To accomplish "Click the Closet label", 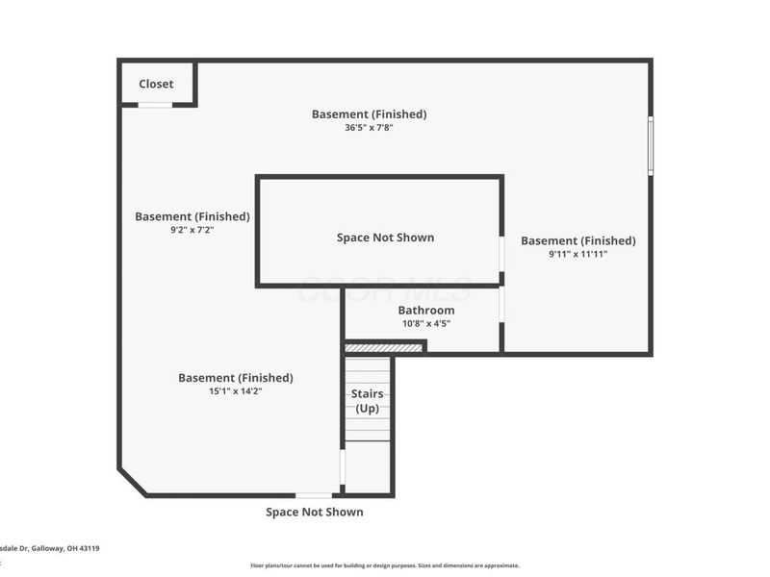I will [x=156, y=85].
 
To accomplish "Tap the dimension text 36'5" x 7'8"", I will [x=369, y=128].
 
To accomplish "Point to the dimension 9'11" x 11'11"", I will [x=577, y=255].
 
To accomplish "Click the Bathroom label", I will [x=425, y=311].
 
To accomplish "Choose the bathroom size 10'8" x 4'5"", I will [x=425, y=324].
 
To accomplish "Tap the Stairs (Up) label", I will [x=368, y=401].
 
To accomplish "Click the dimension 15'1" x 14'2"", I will [x=235, y=391].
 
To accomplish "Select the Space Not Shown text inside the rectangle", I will [x=385, y=238].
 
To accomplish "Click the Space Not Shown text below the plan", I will [x=315, y=513].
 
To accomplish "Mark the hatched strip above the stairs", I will [x=383, y=347].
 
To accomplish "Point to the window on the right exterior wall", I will [x=651, y=144].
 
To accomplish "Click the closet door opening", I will [x=155, y=105].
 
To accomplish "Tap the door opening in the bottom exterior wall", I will [x=314, y=495].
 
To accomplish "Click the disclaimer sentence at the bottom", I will [x=385, y=565].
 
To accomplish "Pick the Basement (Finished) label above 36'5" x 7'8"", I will [x=369, y=113].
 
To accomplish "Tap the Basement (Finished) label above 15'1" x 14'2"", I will [x=235, y=378].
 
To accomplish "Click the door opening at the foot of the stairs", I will [x=342, y=467].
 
